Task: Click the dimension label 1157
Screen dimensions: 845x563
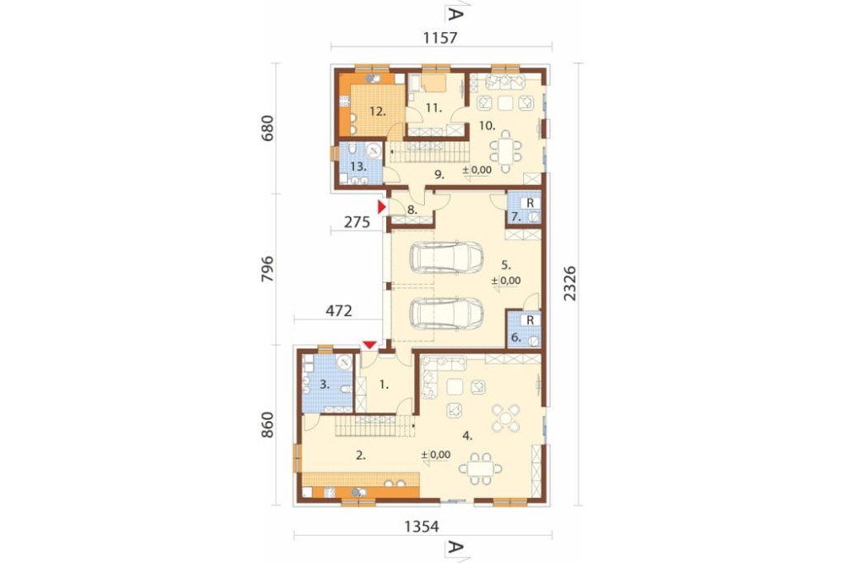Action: tap(440, 38)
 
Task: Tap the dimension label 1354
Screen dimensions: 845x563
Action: tap(422, 527)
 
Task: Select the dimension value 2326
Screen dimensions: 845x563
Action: tap(570, 284)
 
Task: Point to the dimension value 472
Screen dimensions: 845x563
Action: tap(339, 311)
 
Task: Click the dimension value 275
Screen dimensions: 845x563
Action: tap(357, 221)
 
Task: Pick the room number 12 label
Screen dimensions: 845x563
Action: tap(378, 112)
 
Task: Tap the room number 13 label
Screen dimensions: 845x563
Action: tap(358, 166)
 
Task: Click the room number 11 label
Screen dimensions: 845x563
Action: tap(433, 108)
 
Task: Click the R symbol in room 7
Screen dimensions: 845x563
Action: tap(531, 203)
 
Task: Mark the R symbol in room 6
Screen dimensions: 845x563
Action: tap(531, 320)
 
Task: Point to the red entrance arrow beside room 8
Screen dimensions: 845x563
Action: tap(382, 207)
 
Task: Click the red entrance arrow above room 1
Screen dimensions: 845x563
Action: tap(370, 345)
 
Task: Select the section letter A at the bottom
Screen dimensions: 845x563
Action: tap(455, 548)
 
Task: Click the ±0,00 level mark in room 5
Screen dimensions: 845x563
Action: tap(506, 281)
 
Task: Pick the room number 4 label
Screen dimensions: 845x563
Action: tap(467, 435)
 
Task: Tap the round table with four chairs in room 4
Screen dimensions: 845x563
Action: tap(505, 418)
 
